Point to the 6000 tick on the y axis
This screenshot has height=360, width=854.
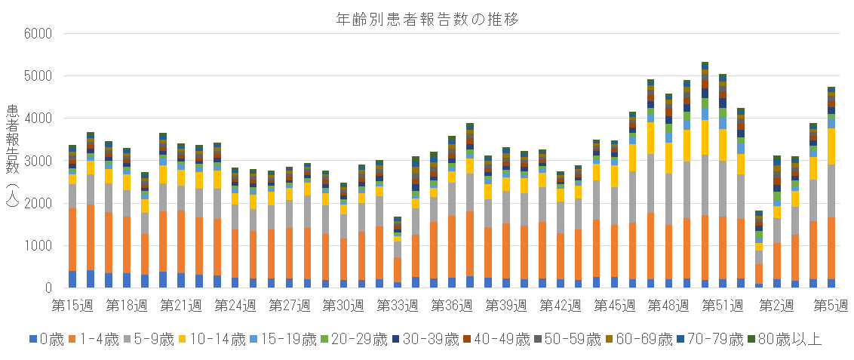click(37, 34)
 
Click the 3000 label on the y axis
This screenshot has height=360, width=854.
click(37, 162)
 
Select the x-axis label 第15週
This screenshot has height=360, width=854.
click(72, 306)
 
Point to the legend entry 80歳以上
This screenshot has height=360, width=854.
click(789, 339)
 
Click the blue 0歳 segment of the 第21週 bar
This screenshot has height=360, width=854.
click(181, 280)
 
